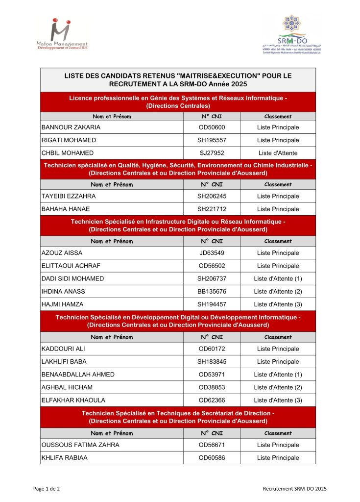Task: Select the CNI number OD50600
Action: click(212, 127)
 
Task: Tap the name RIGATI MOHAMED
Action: click(68, 140)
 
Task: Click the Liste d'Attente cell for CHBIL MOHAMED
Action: click(278, 153)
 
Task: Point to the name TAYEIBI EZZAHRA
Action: click(69, 196)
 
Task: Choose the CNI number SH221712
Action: click(212, 209)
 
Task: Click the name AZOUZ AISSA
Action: click(62, 253)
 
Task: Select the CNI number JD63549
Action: click(212, 253)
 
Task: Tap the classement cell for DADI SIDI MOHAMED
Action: click(278, 278)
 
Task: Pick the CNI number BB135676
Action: click(212, 291)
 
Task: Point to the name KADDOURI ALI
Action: click(64, 349)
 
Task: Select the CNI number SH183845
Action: click(212, 362)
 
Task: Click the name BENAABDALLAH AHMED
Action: click(78, 375)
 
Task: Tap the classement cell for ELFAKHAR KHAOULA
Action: click(278, 400)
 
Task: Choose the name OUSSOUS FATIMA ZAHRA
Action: click(81, 445)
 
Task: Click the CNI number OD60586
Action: click(212, 458)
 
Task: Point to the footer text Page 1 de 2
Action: click(47, 489)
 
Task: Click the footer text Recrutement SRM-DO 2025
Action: click(294, 489)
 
